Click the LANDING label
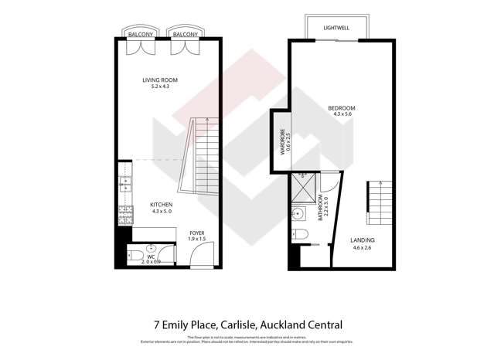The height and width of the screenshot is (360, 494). pyautogui.click(x=362, y=239)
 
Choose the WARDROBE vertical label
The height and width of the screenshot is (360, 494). pyautogui.click(x=283, y=141)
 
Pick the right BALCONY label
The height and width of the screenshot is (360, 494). pyautogui.click(x=182, y=36)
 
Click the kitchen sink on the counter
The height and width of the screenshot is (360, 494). pyautogui.click(x=124, y=185)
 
